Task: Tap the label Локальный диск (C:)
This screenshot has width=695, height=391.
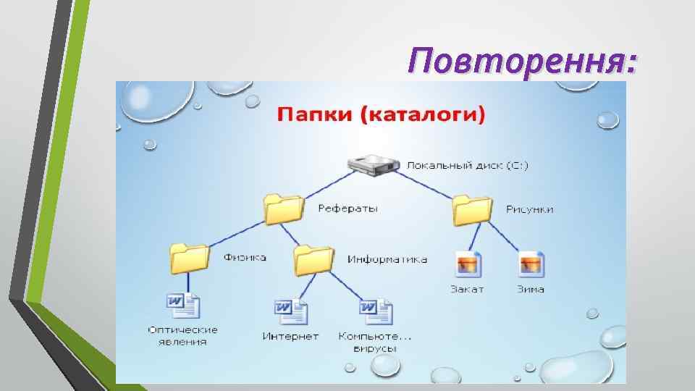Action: tap(467, 165)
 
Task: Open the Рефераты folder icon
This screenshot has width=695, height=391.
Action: tap(283, 209)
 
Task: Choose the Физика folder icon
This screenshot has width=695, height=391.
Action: tap(189, 258)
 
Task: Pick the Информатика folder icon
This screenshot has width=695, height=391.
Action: tap(313, 259)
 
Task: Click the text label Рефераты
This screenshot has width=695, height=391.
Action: tap(347, 209)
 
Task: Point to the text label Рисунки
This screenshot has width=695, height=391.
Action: tap(530, 209)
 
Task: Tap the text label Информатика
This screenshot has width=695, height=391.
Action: tap(387, 259)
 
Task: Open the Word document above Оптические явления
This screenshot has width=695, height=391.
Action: tap(182, 306)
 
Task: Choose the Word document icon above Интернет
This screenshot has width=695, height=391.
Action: tap(290, 312)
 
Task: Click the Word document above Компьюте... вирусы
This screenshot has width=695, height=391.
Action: tap(375, 312)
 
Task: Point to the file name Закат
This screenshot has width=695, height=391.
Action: tap(467, 289)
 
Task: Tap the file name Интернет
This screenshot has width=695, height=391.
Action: tap(290, 337)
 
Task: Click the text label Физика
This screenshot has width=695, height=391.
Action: tap(245, 258)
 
